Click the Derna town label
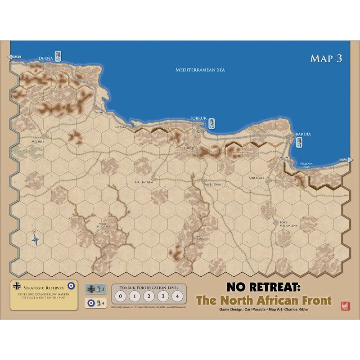46,58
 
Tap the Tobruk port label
198,118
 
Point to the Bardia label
303,134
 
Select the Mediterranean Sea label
200,70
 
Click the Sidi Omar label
257,178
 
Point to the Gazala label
121,127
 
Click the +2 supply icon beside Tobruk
211,123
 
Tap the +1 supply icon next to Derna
58,56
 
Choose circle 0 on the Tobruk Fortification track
120,296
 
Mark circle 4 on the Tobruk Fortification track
178,296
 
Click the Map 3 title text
326,59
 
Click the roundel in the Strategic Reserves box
71,285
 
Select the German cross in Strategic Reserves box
17,285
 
